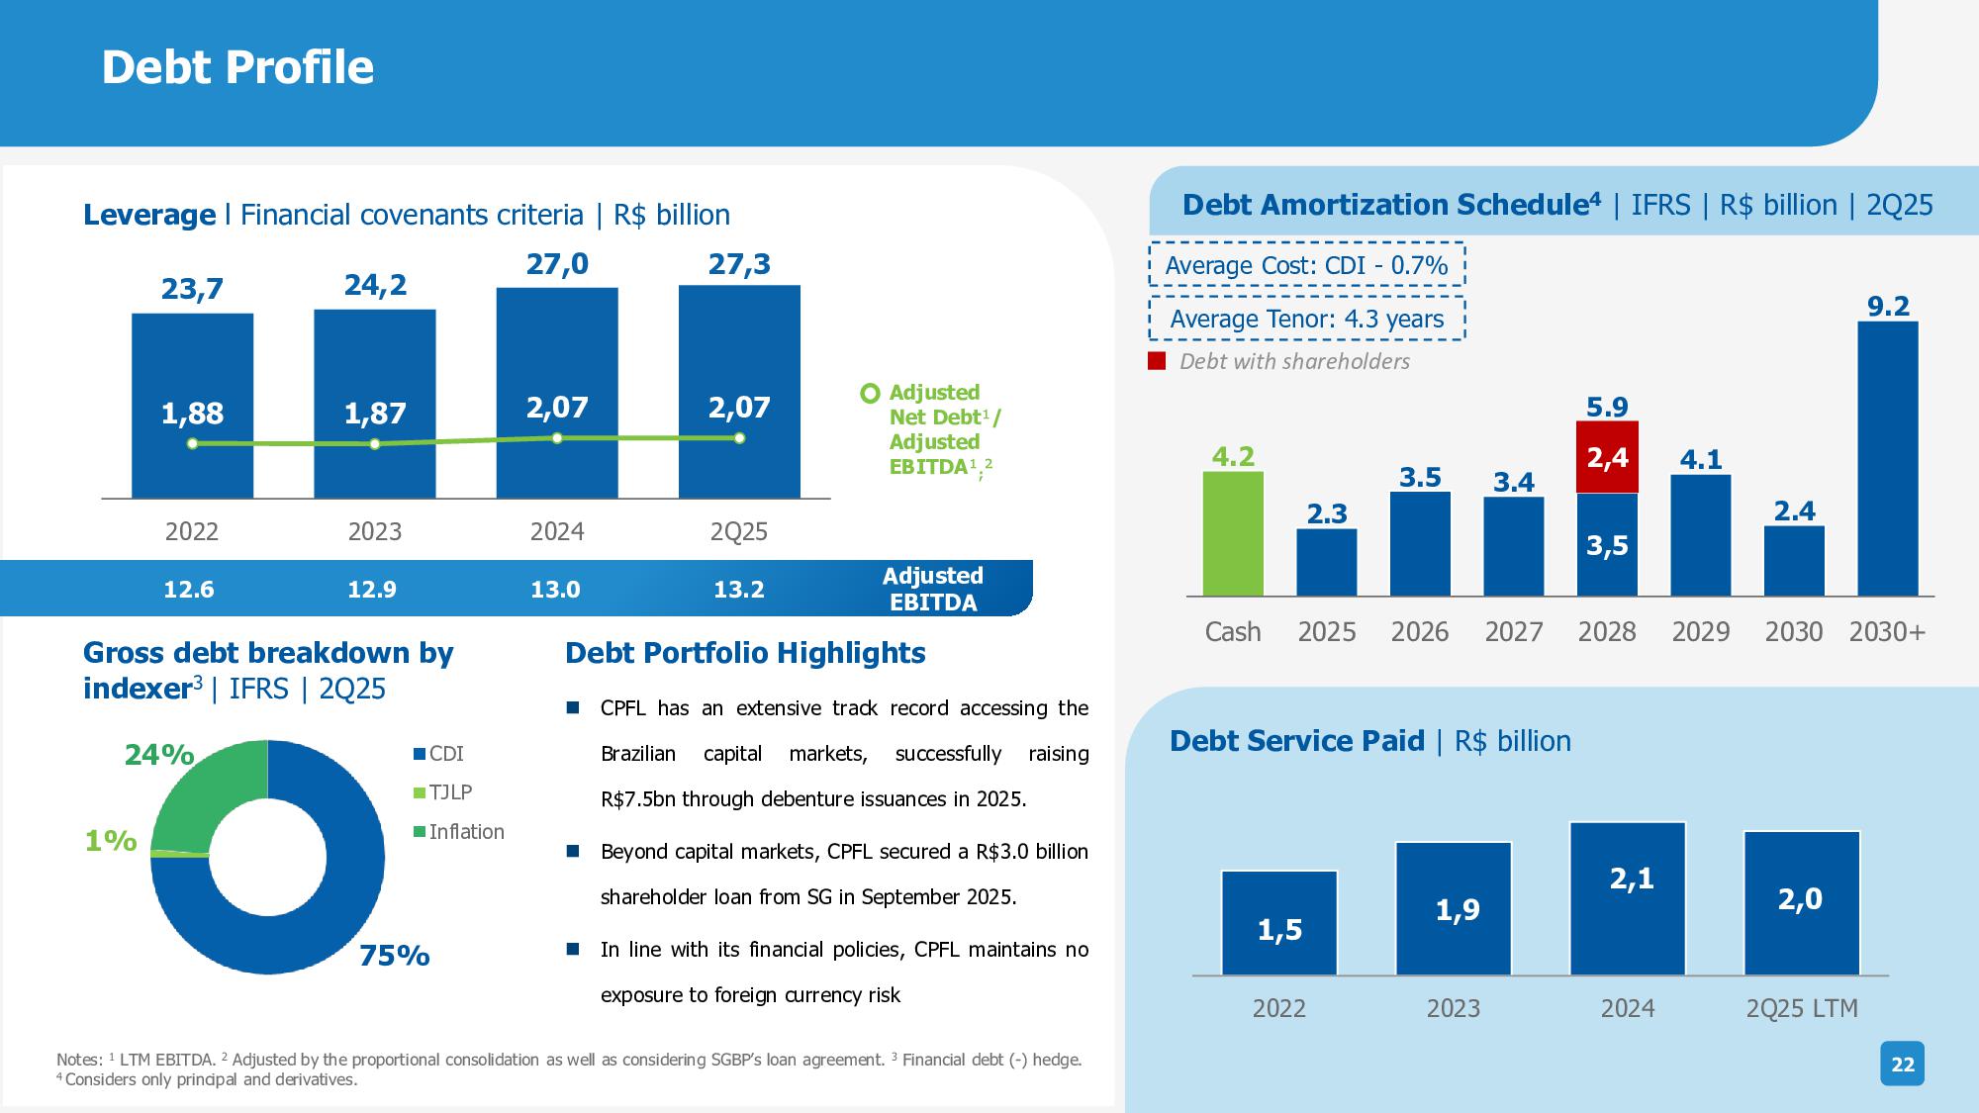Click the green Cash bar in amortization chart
tap(1233, 533)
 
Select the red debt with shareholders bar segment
tap(1607, 457)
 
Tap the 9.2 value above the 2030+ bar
tap(1887, 307)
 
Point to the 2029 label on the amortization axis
tap(1700, 631)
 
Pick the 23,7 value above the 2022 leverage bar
tap(192, 289)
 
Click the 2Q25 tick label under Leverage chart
tap(739, 531)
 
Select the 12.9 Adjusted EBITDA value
tap(372, 590)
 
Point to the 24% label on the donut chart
tap(158, 755)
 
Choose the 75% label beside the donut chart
tap(394, 956)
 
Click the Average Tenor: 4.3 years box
tap(1306, 319)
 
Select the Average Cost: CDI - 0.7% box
tap(1306, 265)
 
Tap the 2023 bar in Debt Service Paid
tap(1454, 908)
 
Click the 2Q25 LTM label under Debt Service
tap(1802, 1008)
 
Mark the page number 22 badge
tap(1902, 1065)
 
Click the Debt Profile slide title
tap(237, 67)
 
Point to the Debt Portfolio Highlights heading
tap(745, 653)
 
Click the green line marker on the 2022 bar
tap(193, 444)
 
